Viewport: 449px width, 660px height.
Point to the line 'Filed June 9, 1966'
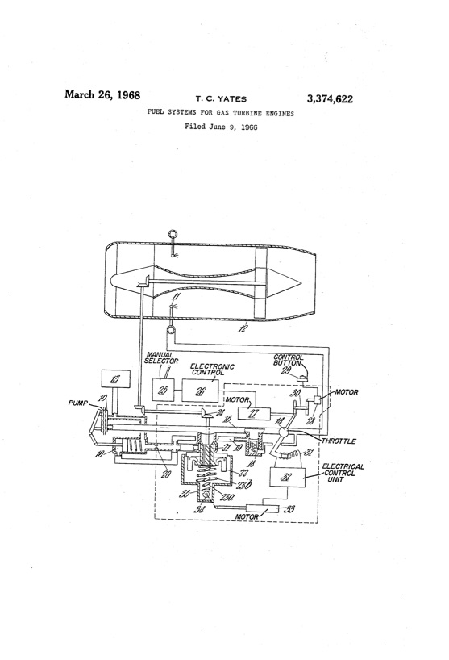click(x=221, y=128)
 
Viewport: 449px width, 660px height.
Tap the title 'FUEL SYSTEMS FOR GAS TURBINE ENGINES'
click(x=221, y=115)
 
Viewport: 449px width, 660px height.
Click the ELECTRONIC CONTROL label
click(x=212, y=370)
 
